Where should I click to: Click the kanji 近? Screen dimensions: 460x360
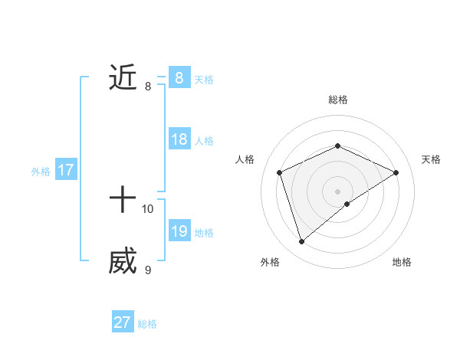123,78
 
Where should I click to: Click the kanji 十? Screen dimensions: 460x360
123,201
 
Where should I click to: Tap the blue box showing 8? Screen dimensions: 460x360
179,78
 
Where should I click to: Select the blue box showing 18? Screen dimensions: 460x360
179,139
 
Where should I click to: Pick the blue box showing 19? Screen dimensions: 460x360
179,231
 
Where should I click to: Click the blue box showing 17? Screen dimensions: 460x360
65,170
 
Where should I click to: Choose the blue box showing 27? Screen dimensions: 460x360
123,322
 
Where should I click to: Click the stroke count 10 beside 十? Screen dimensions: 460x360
148,208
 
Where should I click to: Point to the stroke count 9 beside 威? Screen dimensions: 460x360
148,270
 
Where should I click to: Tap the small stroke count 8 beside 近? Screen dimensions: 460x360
148,87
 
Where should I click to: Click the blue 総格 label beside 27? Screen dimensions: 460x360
147,324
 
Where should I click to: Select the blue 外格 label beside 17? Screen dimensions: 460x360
41,172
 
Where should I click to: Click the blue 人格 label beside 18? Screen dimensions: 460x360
204,141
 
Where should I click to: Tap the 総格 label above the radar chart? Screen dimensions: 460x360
337,100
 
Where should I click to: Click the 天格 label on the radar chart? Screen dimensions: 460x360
431,159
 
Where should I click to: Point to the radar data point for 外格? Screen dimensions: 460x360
301,242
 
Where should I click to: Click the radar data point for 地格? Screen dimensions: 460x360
347,204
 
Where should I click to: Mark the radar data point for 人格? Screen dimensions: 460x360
280,172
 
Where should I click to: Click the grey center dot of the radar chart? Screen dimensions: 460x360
337,191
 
